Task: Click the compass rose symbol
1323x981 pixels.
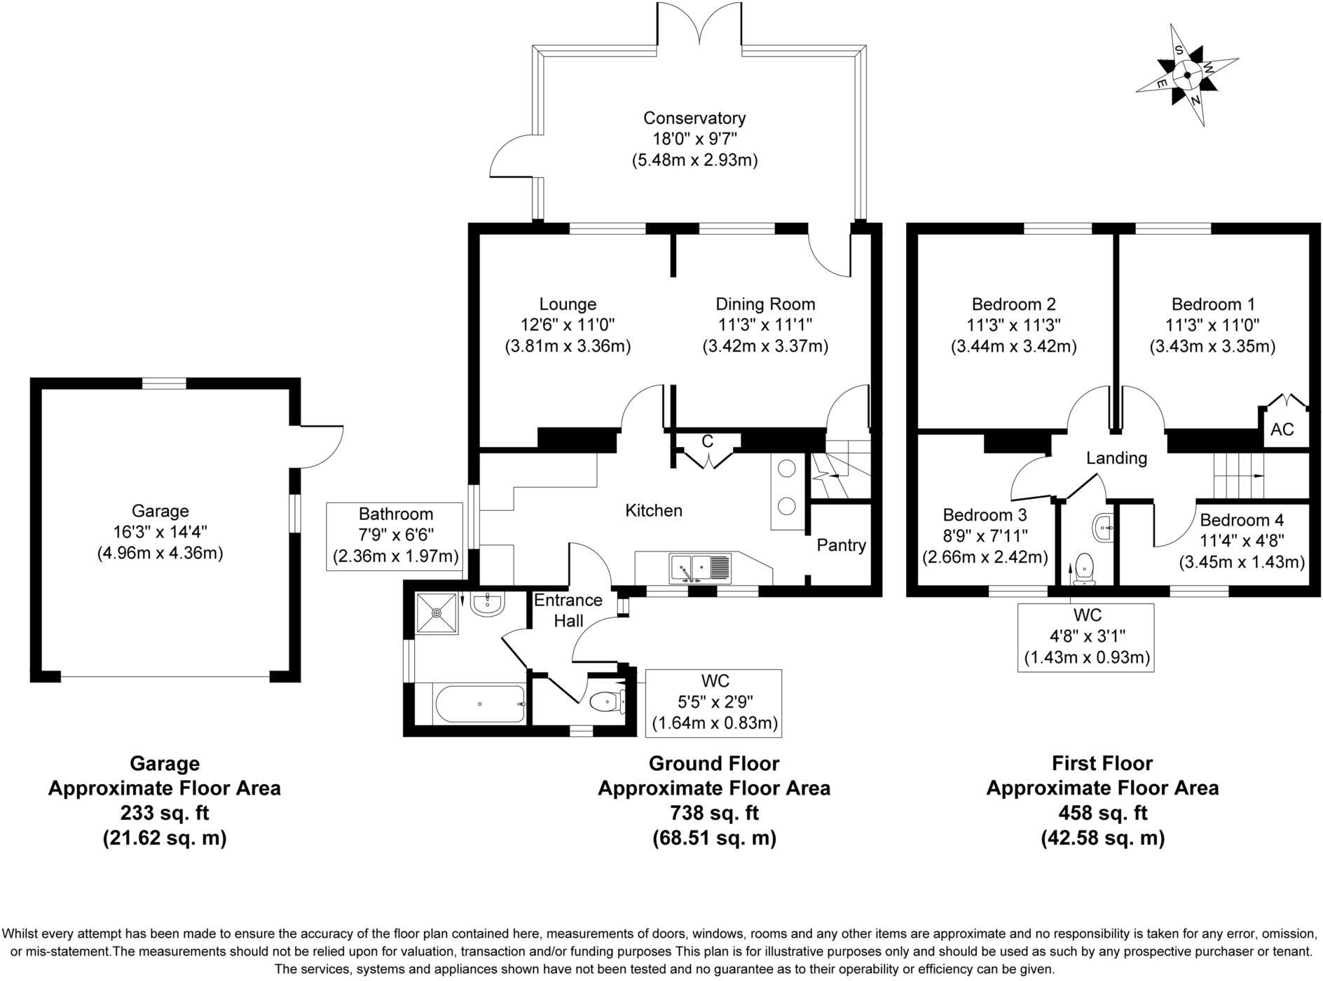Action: (1186, 75)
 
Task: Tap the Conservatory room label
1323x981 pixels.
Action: (694, 118)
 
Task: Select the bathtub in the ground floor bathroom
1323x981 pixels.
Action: (480, 704)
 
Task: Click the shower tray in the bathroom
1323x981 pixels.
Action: (437, 613)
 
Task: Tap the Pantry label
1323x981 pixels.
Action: (841, 545)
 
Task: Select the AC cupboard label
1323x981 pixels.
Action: (1282, 429)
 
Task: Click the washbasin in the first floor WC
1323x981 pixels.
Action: (1103, 527)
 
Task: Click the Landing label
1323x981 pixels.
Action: (1116, 458)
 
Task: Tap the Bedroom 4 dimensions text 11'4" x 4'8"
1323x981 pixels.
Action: (1241, 540)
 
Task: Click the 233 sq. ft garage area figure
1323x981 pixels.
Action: (164, 813)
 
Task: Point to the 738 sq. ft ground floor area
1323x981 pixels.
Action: (713, 813)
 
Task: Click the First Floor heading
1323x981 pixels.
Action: (1102, 763)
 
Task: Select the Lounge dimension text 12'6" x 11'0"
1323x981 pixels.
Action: (567, 324)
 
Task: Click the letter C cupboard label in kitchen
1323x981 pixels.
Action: (707, 441)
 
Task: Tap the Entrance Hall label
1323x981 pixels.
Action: (568, 610)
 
